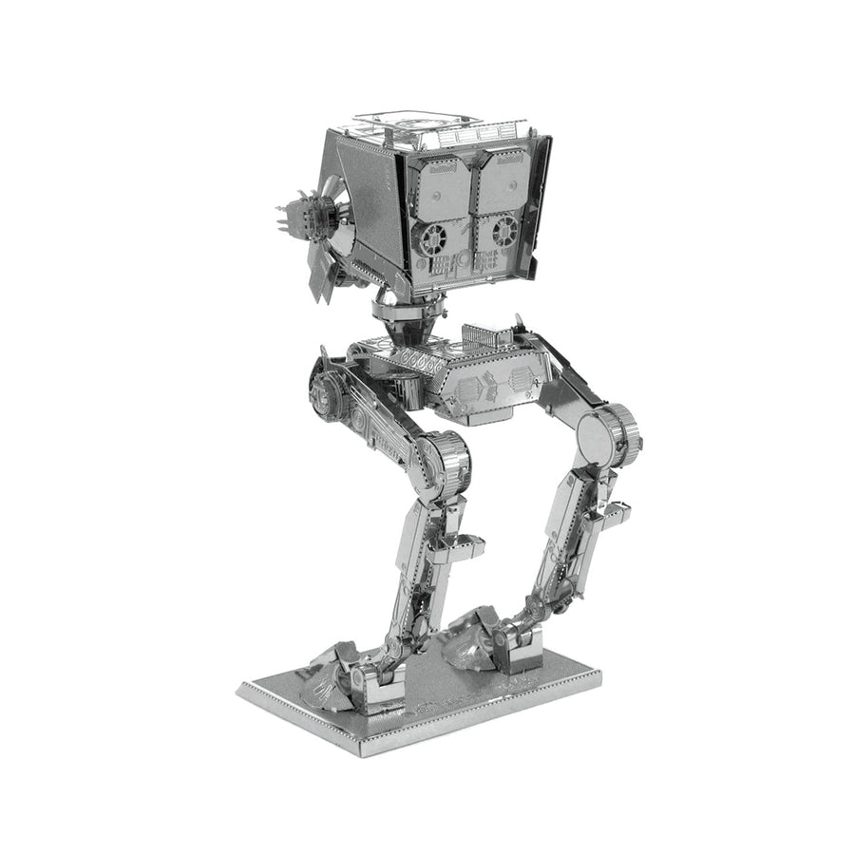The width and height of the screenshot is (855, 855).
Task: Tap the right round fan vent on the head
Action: [503, 228]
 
